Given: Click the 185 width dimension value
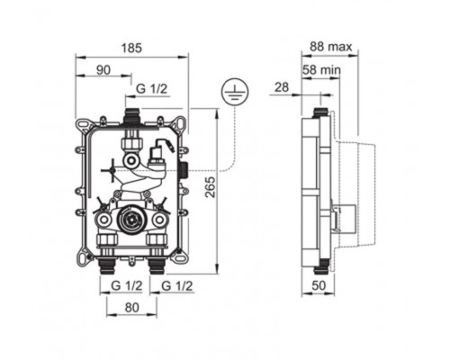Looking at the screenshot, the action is [132, 48].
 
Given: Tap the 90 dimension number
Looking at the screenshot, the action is [103, 70].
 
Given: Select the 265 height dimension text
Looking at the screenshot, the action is [211, 187].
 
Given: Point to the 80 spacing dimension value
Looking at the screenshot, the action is [132, 307].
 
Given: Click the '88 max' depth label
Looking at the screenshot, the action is [331, 47].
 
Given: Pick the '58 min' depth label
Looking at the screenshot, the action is [321, 70].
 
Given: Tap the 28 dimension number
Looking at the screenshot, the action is [282, 87].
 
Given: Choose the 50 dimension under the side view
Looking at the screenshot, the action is [319, 285].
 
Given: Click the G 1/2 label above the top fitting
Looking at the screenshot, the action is [151, 89].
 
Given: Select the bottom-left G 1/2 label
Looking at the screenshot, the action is [126, 285].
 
